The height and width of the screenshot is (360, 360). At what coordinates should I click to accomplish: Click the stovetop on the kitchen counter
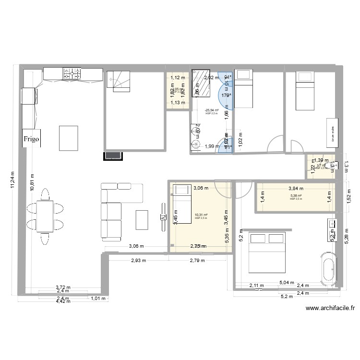point(72,73)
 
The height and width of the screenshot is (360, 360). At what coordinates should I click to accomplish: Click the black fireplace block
point(114,155)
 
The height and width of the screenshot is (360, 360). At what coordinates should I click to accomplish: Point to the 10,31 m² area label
point(201,215)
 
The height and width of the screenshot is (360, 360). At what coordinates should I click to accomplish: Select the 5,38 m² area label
point(296,196)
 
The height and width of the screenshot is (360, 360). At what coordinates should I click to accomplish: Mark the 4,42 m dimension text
point(63,302)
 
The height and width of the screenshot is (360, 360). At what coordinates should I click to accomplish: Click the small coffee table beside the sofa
point(142,220)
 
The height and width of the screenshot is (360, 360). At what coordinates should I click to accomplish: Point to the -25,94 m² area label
point(211,110)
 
